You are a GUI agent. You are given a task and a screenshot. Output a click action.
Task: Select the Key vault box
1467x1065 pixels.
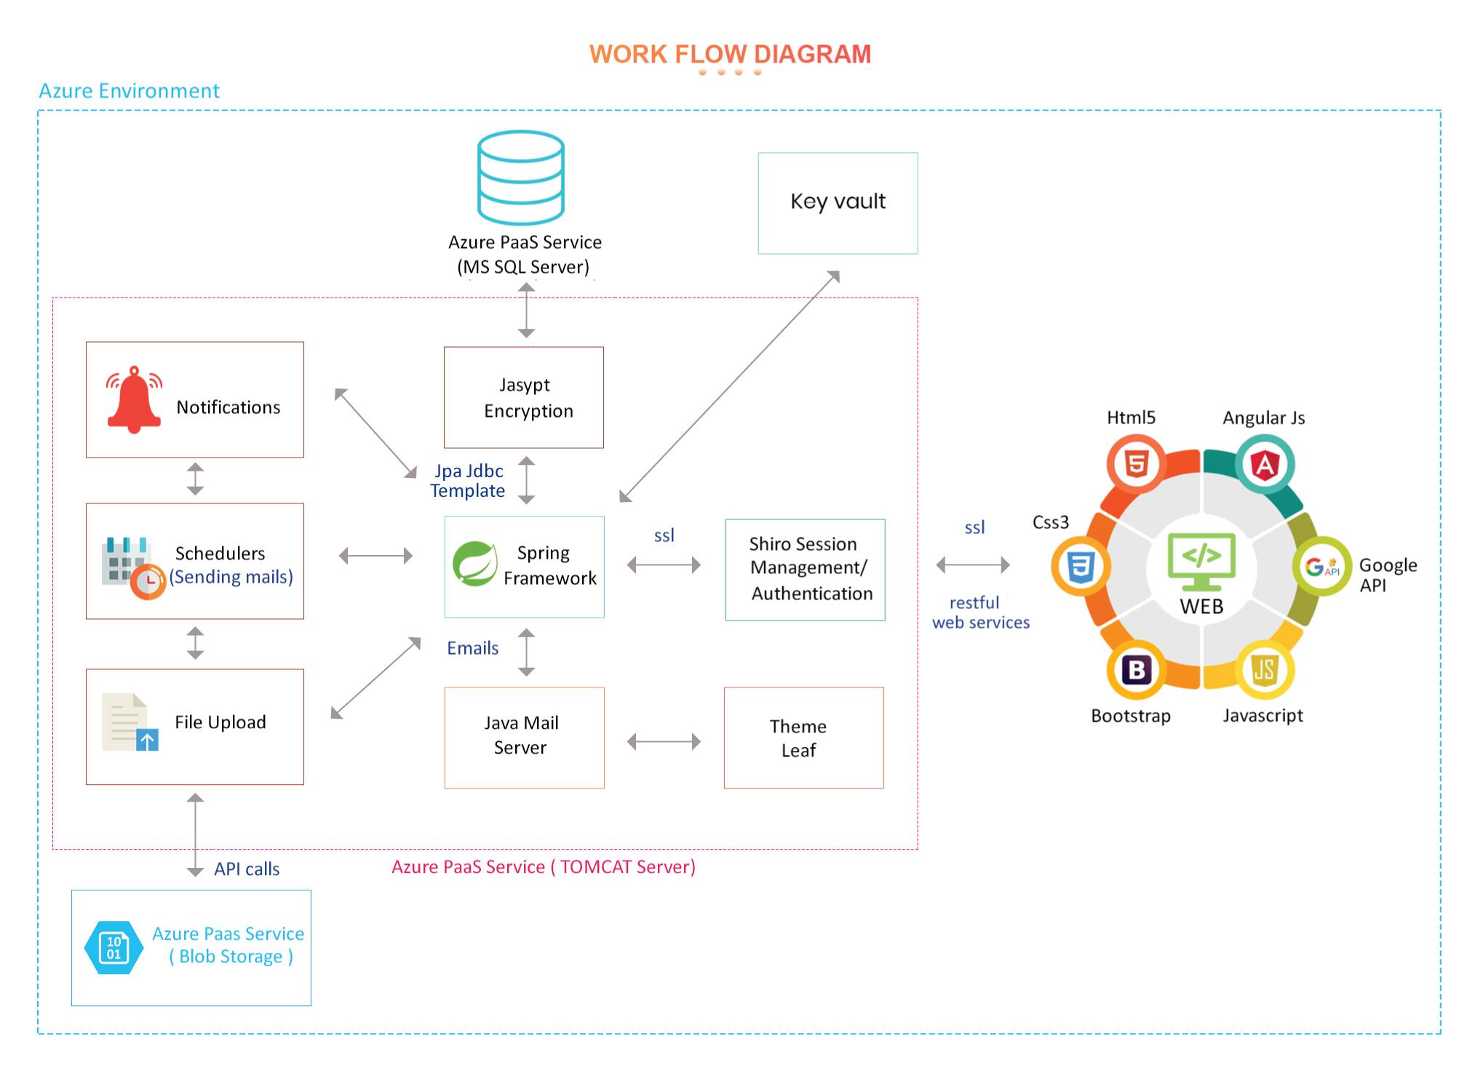[x=838, y=203]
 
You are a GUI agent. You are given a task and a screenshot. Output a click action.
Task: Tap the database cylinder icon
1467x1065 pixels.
[x=521, y=177]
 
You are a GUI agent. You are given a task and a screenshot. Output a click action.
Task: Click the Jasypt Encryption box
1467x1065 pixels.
[x=524, y=397]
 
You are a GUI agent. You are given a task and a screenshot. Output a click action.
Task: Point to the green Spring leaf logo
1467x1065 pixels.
[x=475, y=564]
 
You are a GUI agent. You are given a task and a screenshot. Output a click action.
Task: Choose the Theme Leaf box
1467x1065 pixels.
[x=803, y=738]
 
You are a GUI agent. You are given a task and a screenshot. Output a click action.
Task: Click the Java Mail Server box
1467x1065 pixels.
[x=524, y=738]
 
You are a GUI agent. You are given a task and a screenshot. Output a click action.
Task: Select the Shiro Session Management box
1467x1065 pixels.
[x=805, y=570]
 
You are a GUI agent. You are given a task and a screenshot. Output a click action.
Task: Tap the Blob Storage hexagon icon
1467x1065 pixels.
[x=114, y=948]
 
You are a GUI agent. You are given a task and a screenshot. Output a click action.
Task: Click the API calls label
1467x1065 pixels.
[x=247, y=869]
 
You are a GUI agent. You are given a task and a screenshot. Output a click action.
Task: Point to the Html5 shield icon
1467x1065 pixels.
[x=1136, y=463]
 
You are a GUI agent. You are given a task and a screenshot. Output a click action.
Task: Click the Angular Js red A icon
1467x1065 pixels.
[x=1265, y=464]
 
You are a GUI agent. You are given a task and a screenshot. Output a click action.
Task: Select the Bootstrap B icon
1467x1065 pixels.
[x=1136, y=670]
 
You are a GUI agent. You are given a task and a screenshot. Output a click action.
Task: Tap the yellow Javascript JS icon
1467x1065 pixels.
[x=1265, y=670]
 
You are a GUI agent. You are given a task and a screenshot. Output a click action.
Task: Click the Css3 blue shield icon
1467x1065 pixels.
[x=1081, y=567]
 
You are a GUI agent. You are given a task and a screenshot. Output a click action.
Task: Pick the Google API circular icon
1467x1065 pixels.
[x=1321, y=567]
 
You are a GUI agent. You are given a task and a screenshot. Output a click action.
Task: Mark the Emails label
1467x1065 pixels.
[x=472, y=648]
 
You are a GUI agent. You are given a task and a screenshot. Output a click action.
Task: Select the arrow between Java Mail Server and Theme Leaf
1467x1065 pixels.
[x=664, y=742]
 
